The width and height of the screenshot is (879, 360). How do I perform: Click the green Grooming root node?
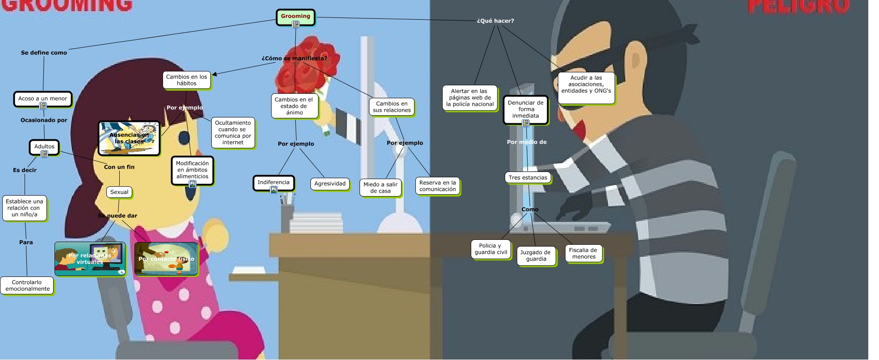point(295,17)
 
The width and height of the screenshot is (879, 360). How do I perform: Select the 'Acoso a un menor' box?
point(42,98)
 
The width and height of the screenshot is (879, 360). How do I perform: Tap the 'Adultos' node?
point(44,146)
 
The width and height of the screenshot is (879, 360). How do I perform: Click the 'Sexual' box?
point(119,192)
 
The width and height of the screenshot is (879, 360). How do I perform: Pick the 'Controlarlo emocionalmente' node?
point(27,285)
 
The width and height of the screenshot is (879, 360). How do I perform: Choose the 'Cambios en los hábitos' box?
point(186,80)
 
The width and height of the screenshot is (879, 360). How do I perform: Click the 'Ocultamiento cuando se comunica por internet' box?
point(233,133)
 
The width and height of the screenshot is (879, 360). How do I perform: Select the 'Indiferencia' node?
point(273,182)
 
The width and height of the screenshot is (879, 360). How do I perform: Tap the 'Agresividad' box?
point(330,184)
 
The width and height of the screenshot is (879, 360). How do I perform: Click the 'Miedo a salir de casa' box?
point(380,188)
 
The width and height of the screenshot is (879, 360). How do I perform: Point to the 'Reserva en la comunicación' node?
point(437,186)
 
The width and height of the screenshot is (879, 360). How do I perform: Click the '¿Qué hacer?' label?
point(495,21)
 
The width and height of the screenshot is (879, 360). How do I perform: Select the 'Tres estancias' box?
point(527,178)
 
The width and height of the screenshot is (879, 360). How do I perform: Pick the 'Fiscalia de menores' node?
point(583,253)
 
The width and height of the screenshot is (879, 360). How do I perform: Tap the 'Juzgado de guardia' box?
point(536,255)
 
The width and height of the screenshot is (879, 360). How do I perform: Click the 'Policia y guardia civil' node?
point(490,249)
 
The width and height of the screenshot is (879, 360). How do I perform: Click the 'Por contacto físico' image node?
point(166,259)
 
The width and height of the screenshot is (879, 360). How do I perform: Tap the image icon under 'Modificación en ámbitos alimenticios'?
point(192,184)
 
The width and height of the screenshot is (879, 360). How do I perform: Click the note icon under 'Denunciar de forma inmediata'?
point(526,123)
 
